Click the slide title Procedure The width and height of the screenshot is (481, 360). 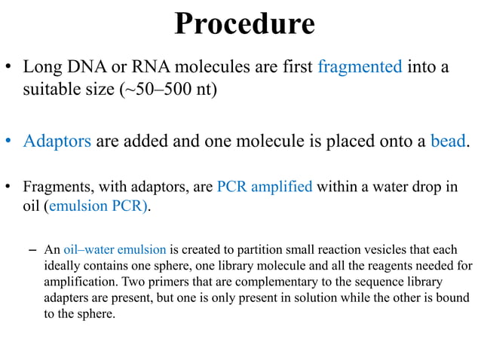244,24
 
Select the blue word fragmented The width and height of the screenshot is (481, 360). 360,66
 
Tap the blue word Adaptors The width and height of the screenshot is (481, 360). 57,141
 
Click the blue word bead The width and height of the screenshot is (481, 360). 447,141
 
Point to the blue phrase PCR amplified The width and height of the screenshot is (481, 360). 264,186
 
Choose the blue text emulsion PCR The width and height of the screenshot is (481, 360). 98,206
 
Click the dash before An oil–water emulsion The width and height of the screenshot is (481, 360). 31,249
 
